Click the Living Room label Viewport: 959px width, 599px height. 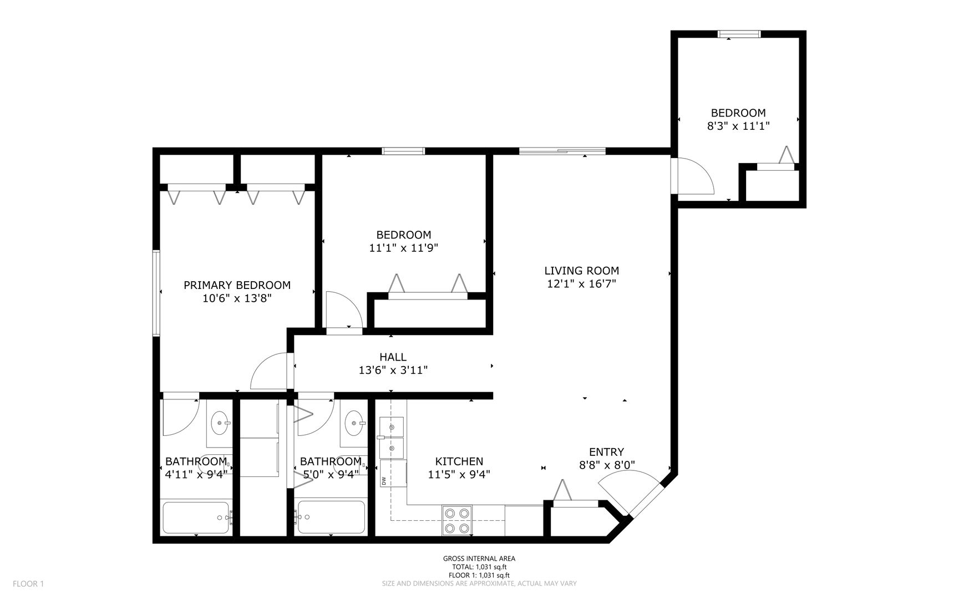[x=581, y=271]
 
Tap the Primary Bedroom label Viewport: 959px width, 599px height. [x=237, y=285]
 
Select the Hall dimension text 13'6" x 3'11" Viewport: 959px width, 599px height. [x=393, y=370]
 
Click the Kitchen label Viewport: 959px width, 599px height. [x=459, y=461]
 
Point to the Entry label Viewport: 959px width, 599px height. [x=606, y=452]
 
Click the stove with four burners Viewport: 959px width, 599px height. [x=457, y=520]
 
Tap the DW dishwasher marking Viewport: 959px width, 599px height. [x=383, y=481]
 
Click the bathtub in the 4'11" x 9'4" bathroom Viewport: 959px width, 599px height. [x=196, y=517]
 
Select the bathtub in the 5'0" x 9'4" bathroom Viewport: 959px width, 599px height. [x=331, y=517]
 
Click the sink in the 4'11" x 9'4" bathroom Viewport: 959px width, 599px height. [x=220, y=423]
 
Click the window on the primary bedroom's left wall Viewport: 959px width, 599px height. [x=156, y=293]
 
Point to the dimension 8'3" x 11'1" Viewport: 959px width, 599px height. [x=738, y=126]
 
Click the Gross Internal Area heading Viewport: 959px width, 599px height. [x=479, y=559]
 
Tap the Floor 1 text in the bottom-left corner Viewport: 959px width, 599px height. [x=28, y=583]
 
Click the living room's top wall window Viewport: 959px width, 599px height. [x=562, y=150]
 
